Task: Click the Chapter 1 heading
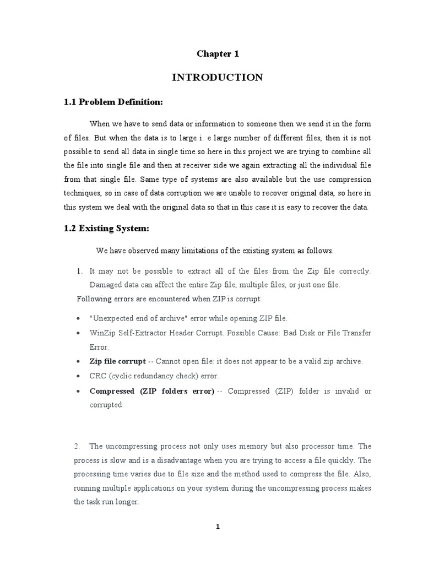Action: coord(218,54)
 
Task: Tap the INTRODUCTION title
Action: coord(218,78)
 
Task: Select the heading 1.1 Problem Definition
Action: coord(113,102)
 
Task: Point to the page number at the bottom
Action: coord(218,527)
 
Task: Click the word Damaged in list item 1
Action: coord(105,285)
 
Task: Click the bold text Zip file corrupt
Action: coord(117,361)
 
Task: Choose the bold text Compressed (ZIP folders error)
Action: coord(151,391)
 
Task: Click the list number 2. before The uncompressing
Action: coord(78,446)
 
